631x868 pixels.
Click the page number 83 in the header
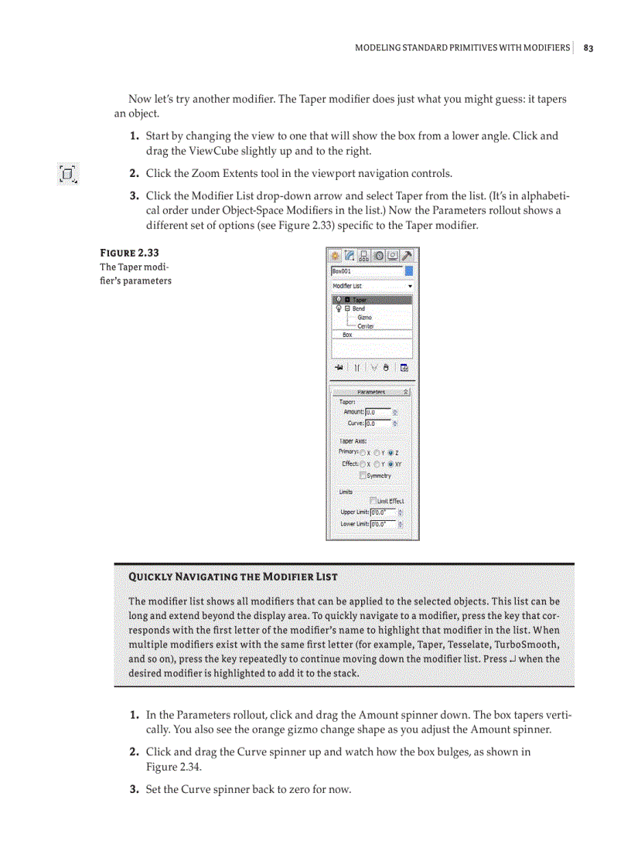click(x=588, y=48)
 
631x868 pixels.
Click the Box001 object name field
click(x=367, y=271)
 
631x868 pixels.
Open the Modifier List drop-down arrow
click(x=410, y=286)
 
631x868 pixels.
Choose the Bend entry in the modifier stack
click(x=359, y=308)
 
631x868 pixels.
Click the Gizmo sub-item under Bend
click(x=364, y=317)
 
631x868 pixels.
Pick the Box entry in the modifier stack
click(x=348, y=335)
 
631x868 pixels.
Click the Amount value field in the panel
click(x=377, y=412)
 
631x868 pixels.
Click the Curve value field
click(x=377, y=423)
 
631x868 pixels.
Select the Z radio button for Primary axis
click(x=392, y=451)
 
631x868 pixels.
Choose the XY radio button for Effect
click(x=392, y=464)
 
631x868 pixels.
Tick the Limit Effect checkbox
click(x=373, y=501)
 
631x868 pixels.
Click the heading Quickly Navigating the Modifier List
click(x=233, y=577)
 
